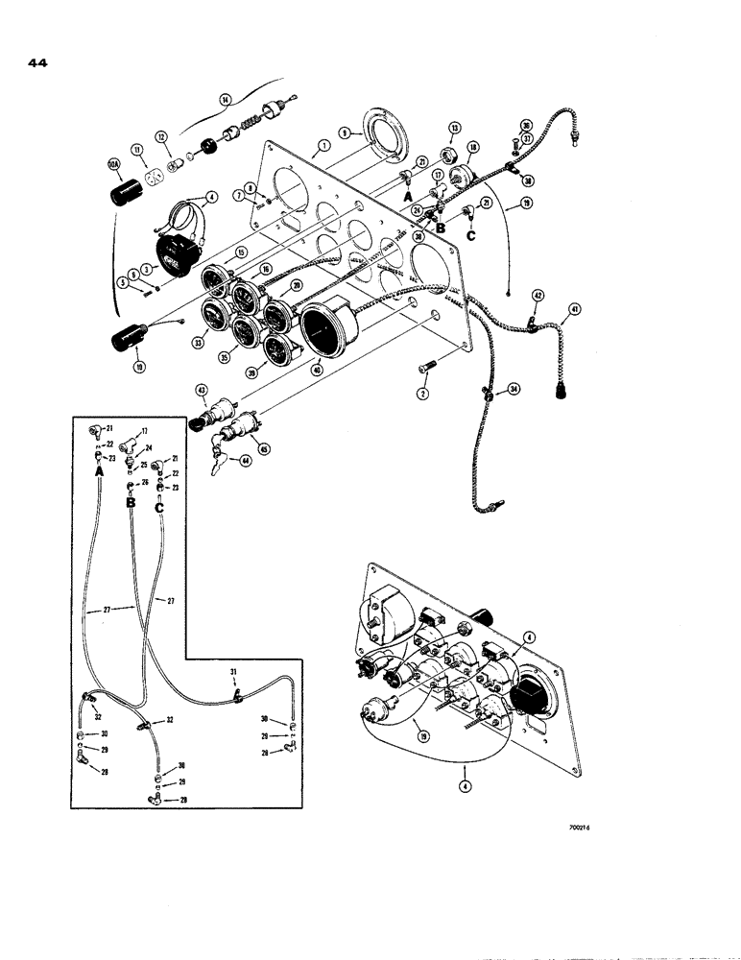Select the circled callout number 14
click(x=225, y=99)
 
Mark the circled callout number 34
click(x=514, y=389)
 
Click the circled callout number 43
click(x=203, y=390)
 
